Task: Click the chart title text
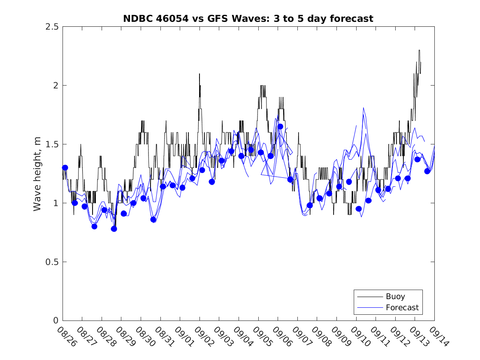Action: pos(248,19)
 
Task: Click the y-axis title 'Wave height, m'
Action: pos(37,174)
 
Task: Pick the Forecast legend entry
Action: pos(402,307)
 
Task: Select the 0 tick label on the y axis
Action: pos(56,321)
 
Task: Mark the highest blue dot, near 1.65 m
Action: pos(280,126)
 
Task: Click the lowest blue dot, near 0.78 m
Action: pos(114,229)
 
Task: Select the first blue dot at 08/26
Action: pos(65,167)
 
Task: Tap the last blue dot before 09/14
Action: pos(427,171)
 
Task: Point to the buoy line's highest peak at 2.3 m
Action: pos(419,51)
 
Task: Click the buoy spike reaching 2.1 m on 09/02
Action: pos(199,74)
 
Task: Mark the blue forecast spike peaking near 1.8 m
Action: pos(363,108)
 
